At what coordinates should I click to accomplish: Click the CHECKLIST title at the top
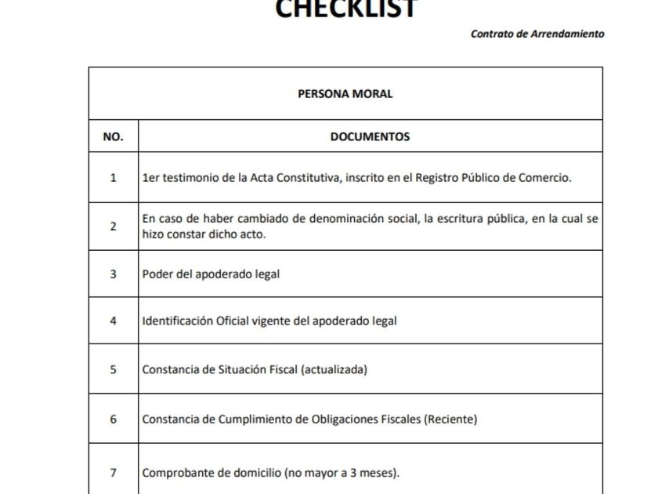coord(346,9)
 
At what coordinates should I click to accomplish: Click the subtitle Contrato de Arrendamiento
coord(537,34)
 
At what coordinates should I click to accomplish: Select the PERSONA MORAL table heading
coord(345,94)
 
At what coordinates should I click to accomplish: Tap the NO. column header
coord(113,136)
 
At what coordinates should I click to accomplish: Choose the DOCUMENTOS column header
coord(370,136)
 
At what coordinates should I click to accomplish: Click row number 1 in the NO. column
coord(113,177)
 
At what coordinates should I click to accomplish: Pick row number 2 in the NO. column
coord(113,227)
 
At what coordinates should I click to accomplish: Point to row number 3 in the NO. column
coord(113,274)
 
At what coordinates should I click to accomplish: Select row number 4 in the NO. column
coord(113,321)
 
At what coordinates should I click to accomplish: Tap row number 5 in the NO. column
coord(113,369)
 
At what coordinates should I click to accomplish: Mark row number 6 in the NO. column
coord(113,419)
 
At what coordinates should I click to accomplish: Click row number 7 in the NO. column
coord(113,473)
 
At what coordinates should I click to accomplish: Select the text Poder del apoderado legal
coord(211,274)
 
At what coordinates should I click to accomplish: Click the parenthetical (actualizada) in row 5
coord(334,369)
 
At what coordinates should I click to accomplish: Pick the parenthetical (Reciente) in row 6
coord(450,419)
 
